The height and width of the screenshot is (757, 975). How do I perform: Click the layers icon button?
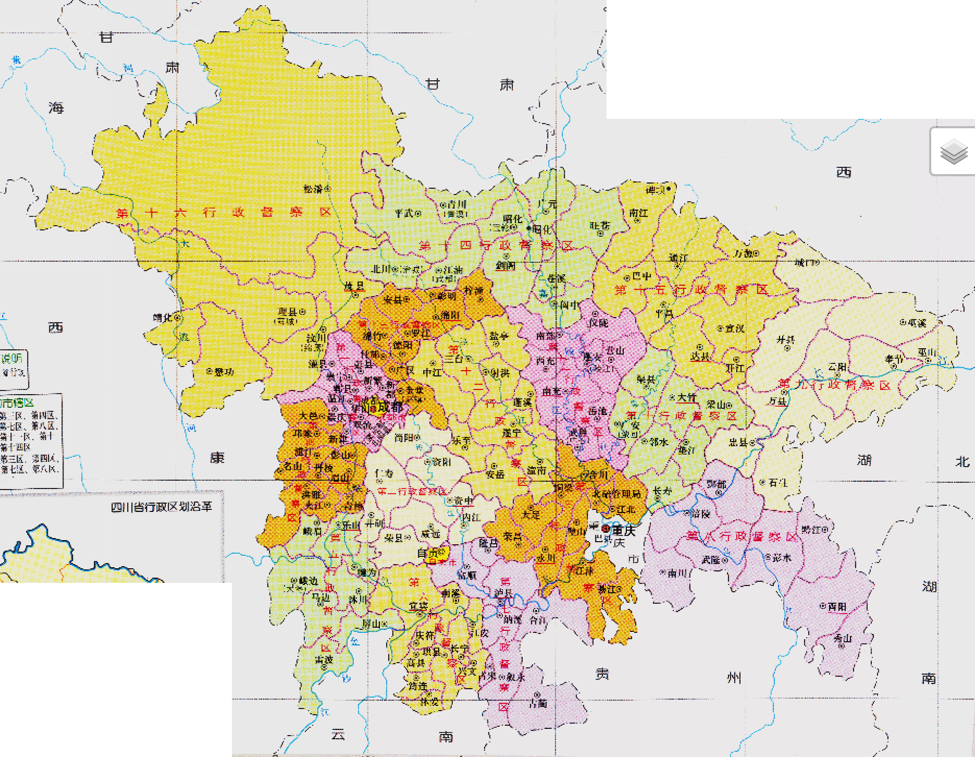954,152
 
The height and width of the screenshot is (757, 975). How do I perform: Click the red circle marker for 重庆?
606,529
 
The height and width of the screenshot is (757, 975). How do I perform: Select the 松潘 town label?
314,189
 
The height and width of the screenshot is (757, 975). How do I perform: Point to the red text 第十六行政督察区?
224,212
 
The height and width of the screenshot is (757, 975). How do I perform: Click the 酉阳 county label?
837,607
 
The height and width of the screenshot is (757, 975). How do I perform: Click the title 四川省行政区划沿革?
162,506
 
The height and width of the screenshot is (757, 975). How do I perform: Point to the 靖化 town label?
163,317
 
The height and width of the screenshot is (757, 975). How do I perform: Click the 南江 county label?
638,213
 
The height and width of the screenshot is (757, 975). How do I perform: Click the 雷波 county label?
324,660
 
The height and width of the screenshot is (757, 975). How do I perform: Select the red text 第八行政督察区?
742,536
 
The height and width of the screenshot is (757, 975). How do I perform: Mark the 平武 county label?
404,213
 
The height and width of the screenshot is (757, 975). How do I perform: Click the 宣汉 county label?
734,328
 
